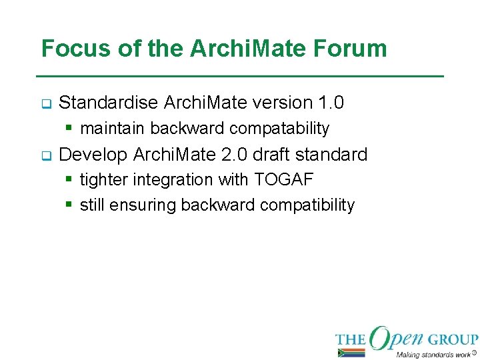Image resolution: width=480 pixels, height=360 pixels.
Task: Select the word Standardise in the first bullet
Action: click(109, 103)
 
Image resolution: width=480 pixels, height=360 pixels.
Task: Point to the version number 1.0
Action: click(331, 103)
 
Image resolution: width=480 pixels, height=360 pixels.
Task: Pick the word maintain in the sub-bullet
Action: click(112, 128)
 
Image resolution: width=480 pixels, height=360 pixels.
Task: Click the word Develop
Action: click(93, 155)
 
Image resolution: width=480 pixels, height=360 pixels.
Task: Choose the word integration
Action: click(171, 180)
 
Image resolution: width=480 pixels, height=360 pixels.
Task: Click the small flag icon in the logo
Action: click(351, 353)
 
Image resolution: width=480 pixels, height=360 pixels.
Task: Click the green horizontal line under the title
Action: click(240, 77)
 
